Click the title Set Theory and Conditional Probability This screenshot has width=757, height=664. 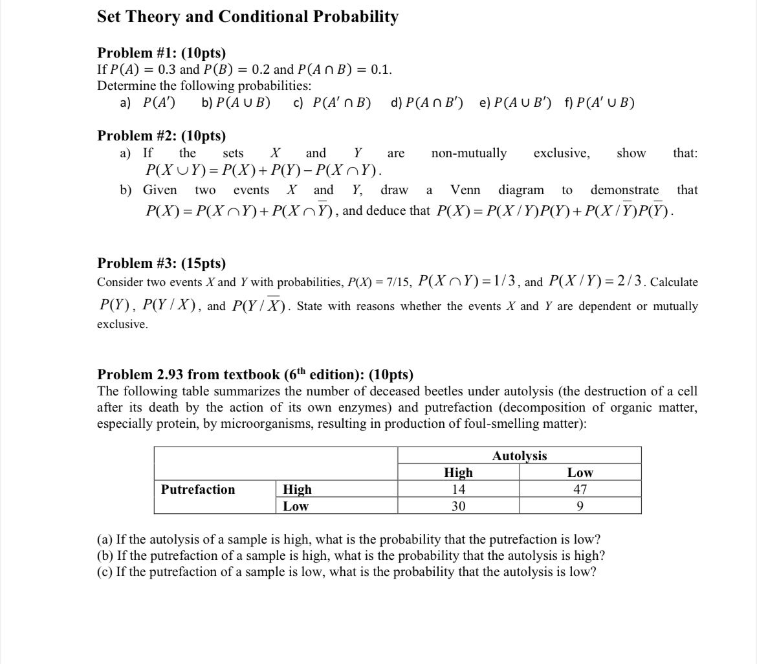click(x=247, y=17)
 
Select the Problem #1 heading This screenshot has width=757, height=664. click(x=161, y=53)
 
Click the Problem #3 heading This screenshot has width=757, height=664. click(x=161, y=263)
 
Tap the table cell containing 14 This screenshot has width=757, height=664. click(x=458, y=489)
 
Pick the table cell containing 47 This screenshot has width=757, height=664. click(x=580, y=489)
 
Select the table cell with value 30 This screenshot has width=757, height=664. click(x=458, y=506)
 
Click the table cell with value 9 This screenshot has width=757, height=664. click(x=580, y=506)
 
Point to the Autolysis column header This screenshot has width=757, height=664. click(x=519, y=456)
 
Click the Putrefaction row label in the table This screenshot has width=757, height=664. click(x=198, y=489)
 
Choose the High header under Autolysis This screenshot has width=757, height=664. click(x=458, y=472)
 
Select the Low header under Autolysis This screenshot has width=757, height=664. click(x=580, y=472)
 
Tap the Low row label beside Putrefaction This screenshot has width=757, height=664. click(x=296, y=506)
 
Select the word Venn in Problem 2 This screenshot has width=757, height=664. click(x=465, y=190)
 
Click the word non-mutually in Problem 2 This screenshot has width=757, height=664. click(x=469, y=153)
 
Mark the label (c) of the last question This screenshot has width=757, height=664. click(x=105, y=572)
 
